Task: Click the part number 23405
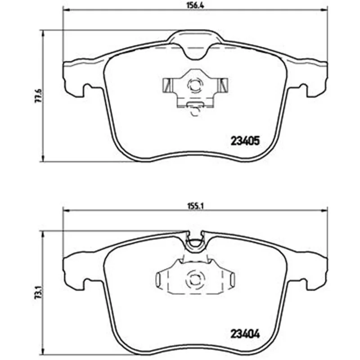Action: [245, 141]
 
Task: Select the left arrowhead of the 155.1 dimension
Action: [66, 210]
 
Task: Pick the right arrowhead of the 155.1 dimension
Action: [324, 210]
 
